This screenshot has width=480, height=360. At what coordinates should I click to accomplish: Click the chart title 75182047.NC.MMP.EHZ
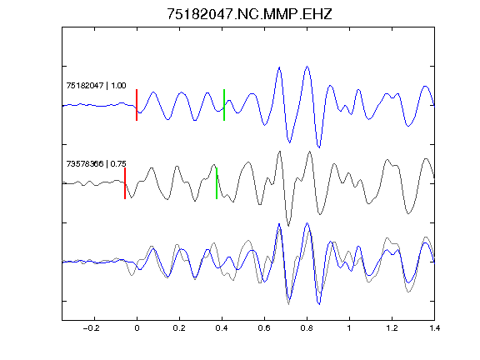pos(249,14)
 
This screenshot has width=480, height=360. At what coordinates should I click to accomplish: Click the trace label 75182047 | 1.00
pos(96,85)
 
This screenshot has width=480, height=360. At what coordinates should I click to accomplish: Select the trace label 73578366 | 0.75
pos(96,164)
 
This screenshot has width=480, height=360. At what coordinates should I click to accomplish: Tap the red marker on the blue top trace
pos(137,105)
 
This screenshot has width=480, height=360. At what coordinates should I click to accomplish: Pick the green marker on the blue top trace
pos(224,105)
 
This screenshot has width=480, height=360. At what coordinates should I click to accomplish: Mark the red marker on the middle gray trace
pos(125,183)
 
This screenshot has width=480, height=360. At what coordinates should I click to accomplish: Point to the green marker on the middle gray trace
pos(217,183)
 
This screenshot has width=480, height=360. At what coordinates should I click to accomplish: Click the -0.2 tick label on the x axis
pos(91,328)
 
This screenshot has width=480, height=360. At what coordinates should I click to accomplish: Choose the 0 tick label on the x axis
pos(137,328)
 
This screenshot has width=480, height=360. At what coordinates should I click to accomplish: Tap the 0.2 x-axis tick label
pos(179,328)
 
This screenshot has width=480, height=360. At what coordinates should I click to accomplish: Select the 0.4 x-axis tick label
pos(222,328)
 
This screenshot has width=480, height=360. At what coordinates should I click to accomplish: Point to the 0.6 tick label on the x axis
pos(264,328)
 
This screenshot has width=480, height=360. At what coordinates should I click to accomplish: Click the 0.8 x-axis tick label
pos(307,328)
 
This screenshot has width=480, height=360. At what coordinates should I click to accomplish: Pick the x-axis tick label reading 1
pos(349,328)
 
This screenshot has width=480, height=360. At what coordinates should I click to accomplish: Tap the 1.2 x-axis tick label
pos(392,328)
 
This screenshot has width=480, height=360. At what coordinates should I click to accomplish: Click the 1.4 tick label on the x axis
pos(434,328)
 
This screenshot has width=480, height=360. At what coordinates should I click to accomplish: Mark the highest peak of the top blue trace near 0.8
pos(307,66)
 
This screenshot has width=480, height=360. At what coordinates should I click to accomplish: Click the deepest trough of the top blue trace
pos(319,147)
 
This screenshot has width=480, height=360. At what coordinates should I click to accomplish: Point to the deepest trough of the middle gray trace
pos(288,226)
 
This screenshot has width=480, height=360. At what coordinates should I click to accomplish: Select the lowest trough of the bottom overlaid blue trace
pos(319,304)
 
